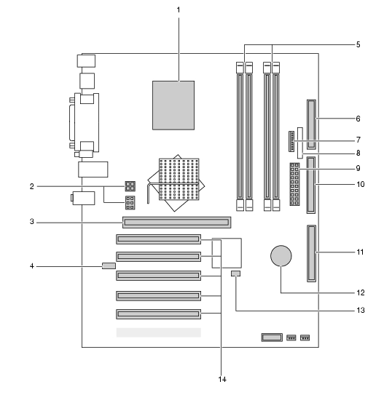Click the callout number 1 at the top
[x=179, y=10]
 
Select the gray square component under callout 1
[x=173, y=105]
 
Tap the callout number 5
[x=358, y=44]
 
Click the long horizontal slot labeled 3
[x=177, y=223]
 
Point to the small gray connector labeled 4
[x=109, y=266]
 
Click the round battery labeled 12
[x=281, y=255]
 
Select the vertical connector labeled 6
[x=311, y=124]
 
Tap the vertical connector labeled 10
[x=311, y=185]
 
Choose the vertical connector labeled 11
[x=311, y=253]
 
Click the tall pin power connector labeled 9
[x=294, y=184]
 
